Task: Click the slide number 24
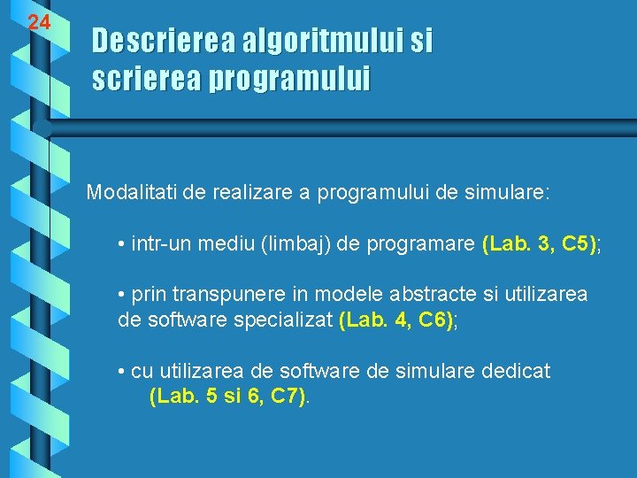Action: (x=38, y=23)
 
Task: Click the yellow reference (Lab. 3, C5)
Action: (x=540, y=243)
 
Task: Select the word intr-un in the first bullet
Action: (x=159, y=243)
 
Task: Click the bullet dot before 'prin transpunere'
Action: (x=121, y=296)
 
